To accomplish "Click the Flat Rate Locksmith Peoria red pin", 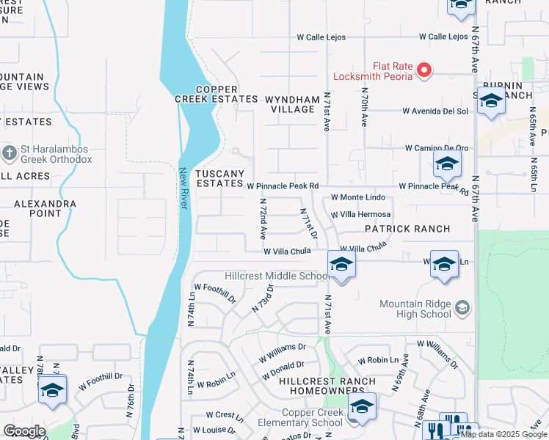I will (x=423, y=70).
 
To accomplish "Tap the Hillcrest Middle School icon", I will (x=341, y=265).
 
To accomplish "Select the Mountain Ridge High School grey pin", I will (x=462, y=307).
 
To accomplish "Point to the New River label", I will (x=184, y=188).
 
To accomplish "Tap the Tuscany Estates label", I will (x=219, y=178).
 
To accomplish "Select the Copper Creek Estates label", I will (x=216, y=93).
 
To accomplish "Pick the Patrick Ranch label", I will (x=407, y=229).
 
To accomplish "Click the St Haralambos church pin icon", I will (x=9, y=153).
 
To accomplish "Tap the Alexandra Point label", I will (x=46, y=208).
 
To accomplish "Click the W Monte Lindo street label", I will (x=358, y=197).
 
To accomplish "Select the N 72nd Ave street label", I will (x=262, y=219).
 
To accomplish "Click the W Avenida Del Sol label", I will (x=435, y=111).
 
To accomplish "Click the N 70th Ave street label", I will (x=363, y=106).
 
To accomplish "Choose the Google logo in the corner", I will (x=24, y=431).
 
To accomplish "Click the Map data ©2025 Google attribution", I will (x=504, y=434).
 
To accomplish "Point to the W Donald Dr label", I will (x=281, y=365).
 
